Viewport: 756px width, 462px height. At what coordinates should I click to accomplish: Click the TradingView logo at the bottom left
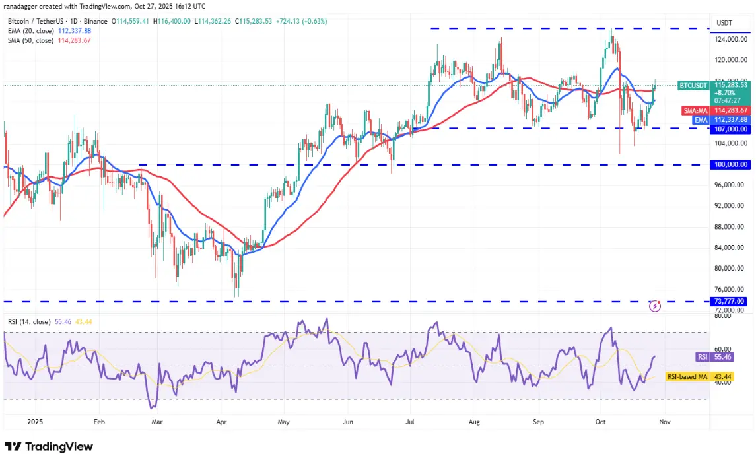click(49, 446)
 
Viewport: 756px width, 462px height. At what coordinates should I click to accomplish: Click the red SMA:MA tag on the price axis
click(695, 110)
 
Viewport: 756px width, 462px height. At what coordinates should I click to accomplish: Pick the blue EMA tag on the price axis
click(701, 119)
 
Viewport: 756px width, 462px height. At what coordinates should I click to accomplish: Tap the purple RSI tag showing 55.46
click(703, 356)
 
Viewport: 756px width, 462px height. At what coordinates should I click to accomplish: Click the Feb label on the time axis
click(99, 420)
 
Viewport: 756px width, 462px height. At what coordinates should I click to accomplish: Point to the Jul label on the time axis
click(411, 420)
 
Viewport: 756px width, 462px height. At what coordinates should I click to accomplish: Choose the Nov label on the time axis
click(664, 420)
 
